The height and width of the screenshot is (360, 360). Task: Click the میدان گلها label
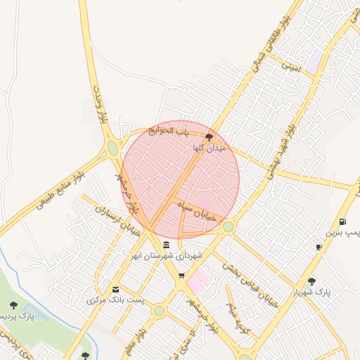pyautogui.click(x=210, y=149)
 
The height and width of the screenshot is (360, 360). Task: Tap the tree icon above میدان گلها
pyautogui.click(x=209, y=137)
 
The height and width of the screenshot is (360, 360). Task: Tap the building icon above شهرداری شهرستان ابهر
pyautogui.click(x=166, y=245)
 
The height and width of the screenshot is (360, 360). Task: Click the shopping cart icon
pyautogui.click(x=181, y=276)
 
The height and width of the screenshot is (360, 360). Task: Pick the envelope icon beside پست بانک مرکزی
pyautogui.click(x=115, y=289)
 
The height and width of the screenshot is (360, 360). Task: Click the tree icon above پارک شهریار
pyautogui.click(x=311, y=281)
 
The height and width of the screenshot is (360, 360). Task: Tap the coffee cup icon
pyautogui.click(x=319, y=247)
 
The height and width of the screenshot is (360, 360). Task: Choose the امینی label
pyautogui.click(x=290, y=67)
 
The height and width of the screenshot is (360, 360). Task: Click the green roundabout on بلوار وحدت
pyautogui.click(x=112, y=148)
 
